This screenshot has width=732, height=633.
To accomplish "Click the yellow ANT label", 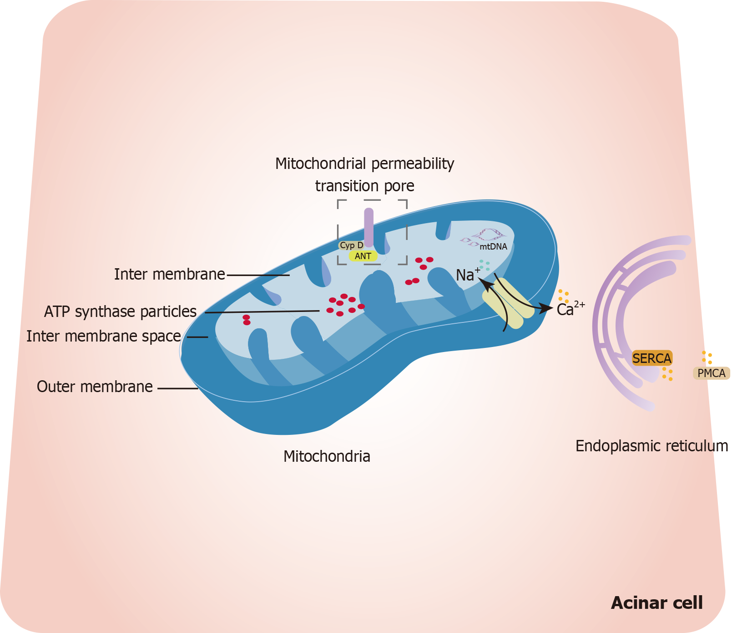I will coord(363,256).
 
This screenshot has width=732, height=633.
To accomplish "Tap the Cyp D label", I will coord(351,245).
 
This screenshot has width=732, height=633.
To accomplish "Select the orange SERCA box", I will coord(652,358).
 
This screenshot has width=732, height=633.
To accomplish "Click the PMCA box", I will coord(711,373).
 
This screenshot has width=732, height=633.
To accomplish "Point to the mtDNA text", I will coord(493,247).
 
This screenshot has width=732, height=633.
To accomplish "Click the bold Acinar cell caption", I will coord(656,602).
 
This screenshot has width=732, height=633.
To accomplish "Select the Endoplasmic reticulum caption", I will coord(651,446).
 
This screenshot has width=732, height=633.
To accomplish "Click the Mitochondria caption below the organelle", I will coord(327,456).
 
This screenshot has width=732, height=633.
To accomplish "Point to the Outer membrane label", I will coord(95,387).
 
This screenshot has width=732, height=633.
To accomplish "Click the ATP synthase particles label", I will coord(120,311).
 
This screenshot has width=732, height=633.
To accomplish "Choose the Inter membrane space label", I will coord(104,336).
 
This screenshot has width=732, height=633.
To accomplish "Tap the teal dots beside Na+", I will coord(485,265).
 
